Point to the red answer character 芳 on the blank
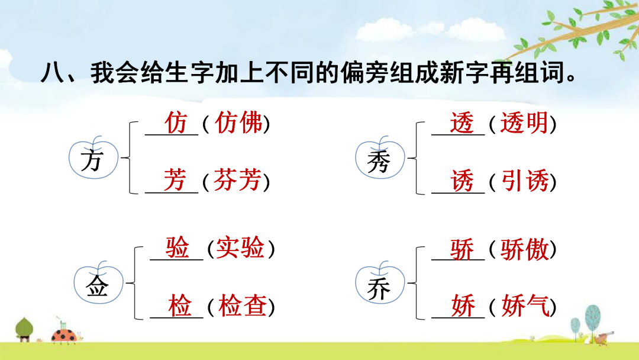pos(175,179)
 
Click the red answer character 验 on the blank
pos(177,247)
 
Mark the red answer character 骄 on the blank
pos(462,249)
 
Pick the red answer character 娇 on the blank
pos(463,306)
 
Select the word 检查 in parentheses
pos(242,306)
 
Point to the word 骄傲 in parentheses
pos(524,249)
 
